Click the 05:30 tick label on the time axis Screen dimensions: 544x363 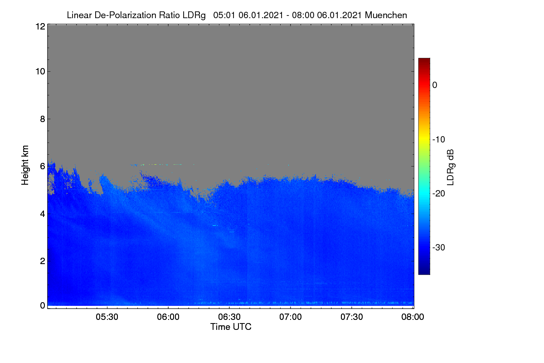click(x=107, y=317)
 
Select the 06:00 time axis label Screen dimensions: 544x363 click(x=168, y=317)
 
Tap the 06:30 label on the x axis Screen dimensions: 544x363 click(x=229, y=317)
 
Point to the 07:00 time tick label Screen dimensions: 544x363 click(x=291, y=317)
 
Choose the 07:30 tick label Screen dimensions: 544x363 click(x=352, y=317)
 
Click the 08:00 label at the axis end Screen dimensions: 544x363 click(x=413, y=317)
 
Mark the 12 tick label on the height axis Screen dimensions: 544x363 click(x=40, y=26)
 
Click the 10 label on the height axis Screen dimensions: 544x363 click(x=40, y=72)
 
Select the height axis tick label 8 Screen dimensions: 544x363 click(x=43, y=119)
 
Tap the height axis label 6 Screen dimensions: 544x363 click(x=43, y=167)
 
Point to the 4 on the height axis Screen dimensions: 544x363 click(x=43, y=214)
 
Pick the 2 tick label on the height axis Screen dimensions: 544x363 click(x=43, y=261)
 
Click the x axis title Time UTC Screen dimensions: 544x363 click(x=231, y=327)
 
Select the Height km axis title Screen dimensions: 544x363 click(x=25, y=165)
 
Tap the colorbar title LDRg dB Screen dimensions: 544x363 click(x=450, y=167)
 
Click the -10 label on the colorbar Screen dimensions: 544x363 click(x=439, y=140)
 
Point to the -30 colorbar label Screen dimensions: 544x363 click(x=439, y=247)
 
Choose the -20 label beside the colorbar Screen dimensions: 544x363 click(x=439, y=194)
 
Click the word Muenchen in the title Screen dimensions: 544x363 click(x=386, y=15)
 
